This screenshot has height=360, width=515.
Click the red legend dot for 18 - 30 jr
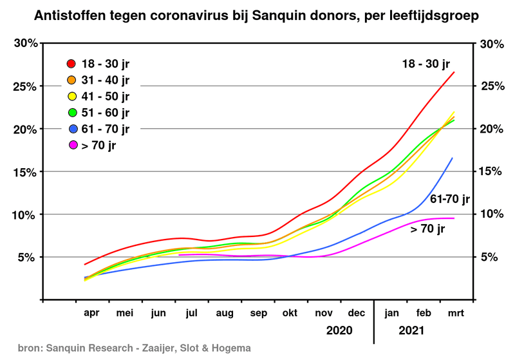pyautogui.click(x=71, y=64)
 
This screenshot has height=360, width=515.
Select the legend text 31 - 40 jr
pyautogui.click(x=105, y=81)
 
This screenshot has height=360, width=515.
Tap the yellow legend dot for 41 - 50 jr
pyautogui.click(x=71, y=97)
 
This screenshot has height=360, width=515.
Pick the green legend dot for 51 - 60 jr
pyautogui.click(x=71, y=113)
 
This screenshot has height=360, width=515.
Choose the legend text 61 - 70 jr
pyautogui.click(x=105, y=129)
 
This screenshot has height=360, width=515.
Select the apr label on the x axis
pyautogui.click(x=92, y=314)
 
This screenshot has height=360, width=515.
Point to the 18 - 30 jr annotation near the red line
pyautogui.click(x=426, y=63)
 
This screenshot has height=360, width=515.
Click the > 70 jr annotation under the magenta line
pyautogui.click(x=427, y=228)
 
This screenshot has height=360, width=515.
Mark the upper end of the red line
pyautogui.click(x=454, y=71)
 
